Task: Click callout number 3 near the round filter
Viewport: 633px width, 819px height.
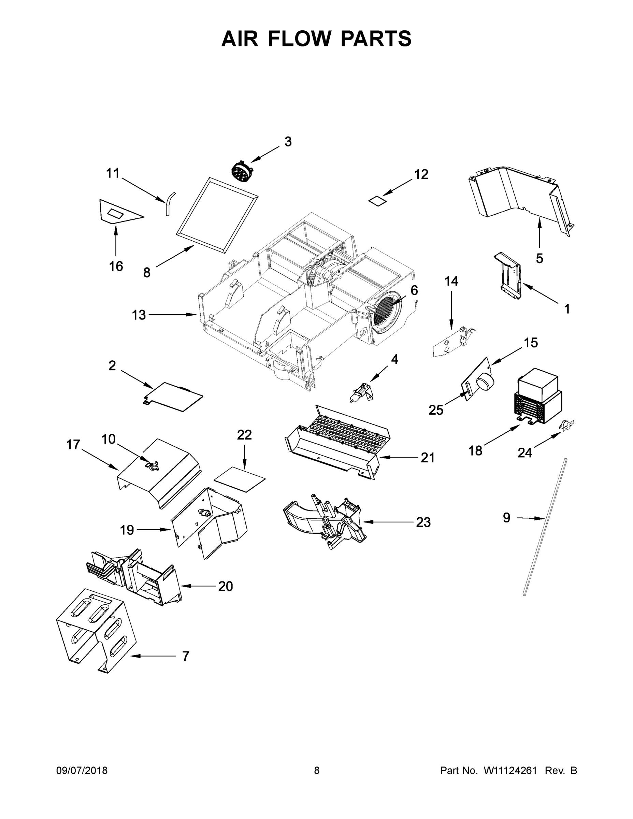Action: [288, 142]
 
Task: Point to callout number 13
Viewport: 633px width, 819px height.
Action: [139, 315]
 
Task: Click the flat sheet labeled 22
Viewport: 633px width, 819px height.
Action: [240, 479]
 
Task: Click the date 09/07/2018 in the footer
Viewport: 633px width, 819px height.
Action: [82, 770]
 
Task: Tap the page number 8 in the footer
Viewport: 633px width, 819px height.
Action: [317, 770]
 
